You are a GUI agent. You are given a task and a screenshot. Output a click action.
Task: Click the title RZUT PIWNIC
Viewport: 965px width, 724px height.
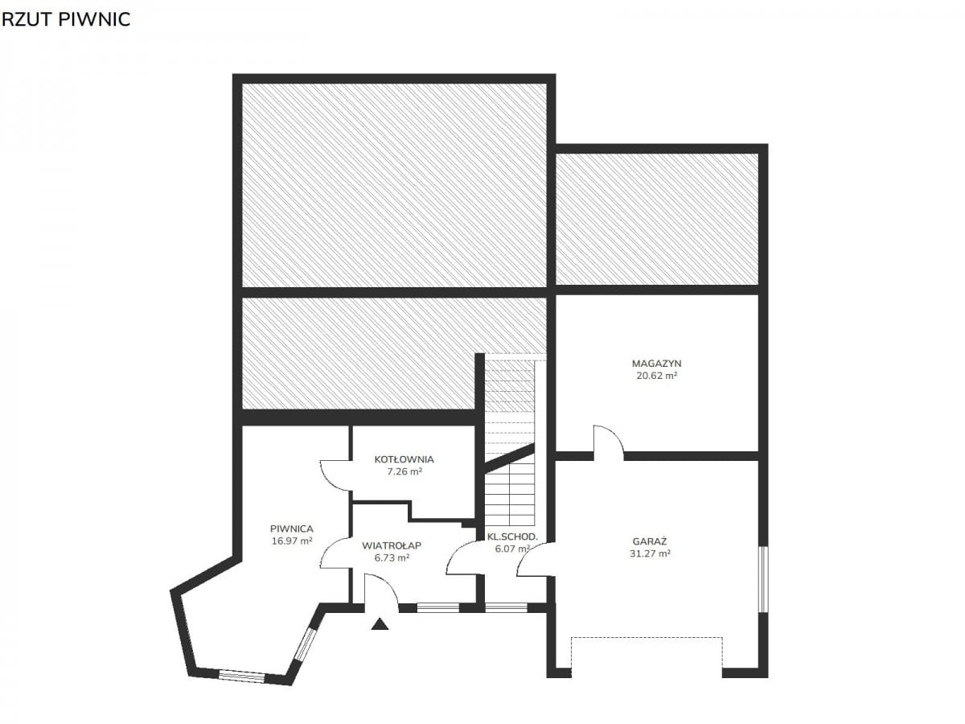pyautogui.click(x=66, y=20)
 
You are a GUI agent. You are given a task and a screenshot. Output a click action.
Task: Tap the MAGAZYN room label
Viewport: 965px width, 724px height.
pyautogui.click(x=656, y=364)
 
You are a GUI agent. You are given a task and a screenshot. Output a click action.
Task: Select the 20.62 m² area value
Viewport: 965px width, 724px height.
pyautogui.click(x=656, y=376)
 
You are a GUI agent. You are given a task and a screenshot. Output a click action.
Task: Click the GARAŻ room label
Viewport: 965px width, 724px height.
pyautogui.click(x=649, y=541)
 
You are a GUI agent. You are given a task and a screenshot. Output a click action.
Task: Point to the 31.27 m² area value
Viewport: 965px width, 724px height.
pyautogui.click(x=650, y=553)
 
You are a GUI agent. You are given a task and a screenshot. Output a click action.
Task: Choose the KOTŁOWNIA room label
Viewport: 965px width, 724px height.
pyautogui.click(x=404, y=459)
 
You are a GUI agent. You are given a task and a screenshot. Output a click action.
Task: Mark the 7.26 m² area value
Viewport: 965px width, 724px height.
pyautogui.click(x=404, y=471)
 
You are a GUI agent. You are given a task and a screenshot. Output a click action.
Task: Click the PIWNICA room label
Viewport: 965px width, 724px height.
pyautogui.click(x=291, y=529)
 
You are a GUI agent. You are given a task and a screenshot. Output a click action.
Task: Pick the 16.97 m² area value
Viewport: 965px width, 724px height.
pyautogui.click(x=291, y=541)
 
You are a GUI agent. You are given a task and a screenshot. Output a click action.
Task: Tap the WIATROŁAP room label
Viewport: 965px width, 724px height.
pyautogui.click(x=392, y=545)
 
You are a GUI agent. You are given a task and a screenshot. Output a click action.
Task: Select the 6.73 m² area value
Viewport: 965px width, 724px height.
pyautogui.click(x=392, y=557)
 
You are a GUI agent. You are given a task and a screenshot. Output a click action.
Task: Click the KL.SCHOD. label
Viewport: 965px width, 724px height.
pyautogui.click(x=512, y=537)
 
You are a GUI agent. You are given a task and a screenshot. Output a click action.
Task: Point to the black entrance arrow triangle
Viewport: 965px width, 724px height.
pyautogui.click(x=380, y=624)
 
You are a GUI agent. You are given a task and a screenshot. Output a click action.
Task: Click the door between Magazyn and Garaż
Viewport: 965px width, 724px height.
pyautogui.click(x=609, y=442)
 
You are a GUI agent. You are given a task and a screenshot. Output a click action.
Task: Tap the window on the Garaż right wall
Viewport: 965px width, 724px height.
pyautogui.click(x=764, y=579)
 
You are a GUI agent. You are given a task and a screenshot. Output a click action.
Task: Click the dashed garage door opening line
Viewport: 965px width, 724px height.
pyautogui.click(x=647, y=638)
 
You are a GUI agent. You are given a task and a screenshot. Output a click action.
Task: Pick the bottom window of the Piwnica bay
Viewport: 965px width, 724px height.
pyautogui.click(x=241, y=676)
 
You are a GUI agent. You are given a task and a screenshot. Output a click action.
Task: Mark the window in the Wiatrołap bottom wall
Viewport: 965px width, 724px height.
pyautogui.click(x=437, y=608)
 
